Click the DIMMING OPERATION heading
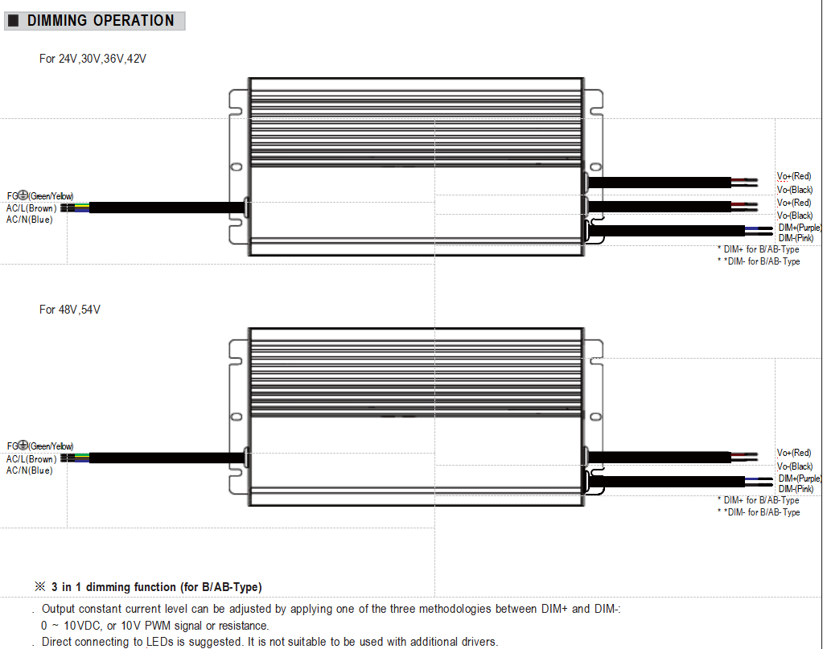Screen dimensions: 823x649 click(x=101, y=20)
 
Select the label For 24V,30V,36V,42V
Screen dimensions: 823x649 click(x=93, y=59)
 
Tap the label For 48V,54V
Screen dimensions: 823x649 click(x=69, y=310)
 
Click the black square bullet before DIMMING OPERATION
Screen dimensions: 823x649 click(x=14, y=20)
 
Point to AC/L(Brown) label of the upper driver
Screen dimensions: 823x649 click(x=31, y=208)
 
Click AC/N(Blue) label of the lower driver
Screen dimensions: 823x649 click(x=30, y=470)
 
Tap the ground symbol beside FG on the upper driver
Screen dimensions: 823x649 click(x=23, y=195)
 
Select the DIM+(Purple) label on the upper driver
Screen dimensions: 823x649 click(x=800, y=228)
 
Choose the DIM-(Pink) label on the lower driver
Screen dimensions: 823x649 click(x=796, y=489)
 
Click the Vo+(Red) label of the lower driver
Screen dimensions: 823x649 click(x=793, y=453)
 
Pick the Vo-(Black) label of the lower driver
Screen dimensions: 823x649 click(x=795, y=466)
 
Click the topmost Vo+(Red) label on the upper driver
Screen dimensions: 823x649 click(x=793, y=176)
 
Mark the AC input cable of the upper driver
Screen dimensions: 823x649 click(x=167, y=207)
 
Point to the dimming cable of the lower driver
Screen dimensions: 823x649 click(x=667, y=481)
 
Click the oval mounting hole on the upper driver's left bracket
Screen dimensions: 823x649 click(x=237, y=166)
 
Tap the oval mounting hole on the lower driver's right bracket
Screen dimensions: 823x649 click(x=596, y=417)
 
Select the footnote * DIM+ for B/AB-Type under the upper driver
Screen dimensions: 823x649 click(x=759, y=250)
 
